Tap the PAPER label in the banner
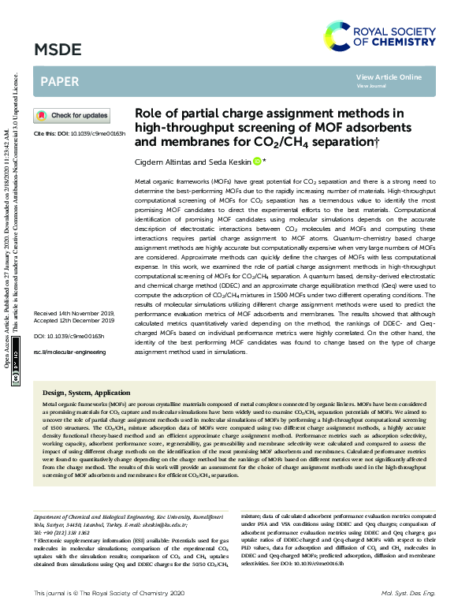click(59, 82)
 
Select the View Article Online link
click(389, 76)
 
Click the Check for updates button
click(71, 116)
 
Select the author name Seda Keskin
click(226, 162)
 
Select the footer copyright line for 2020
click(107, 592)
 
